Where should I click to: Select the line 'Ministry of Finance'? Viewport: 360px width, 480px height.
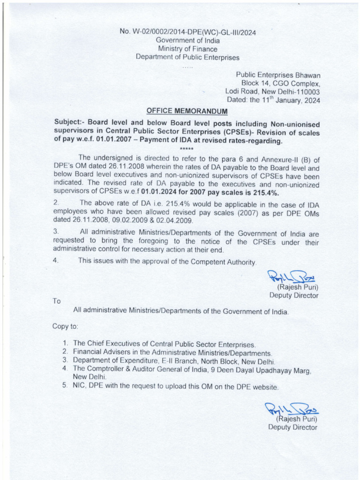[x=187, y=49]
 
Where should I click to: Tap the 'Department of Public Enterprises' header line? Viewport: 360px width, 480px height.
[x=187, y=58]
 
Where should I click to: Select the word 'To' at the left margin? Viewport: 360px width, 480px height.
[x=57, y=301]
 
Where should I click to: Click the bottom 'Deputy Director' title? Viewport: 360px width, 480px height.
[x=292, y=427]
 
